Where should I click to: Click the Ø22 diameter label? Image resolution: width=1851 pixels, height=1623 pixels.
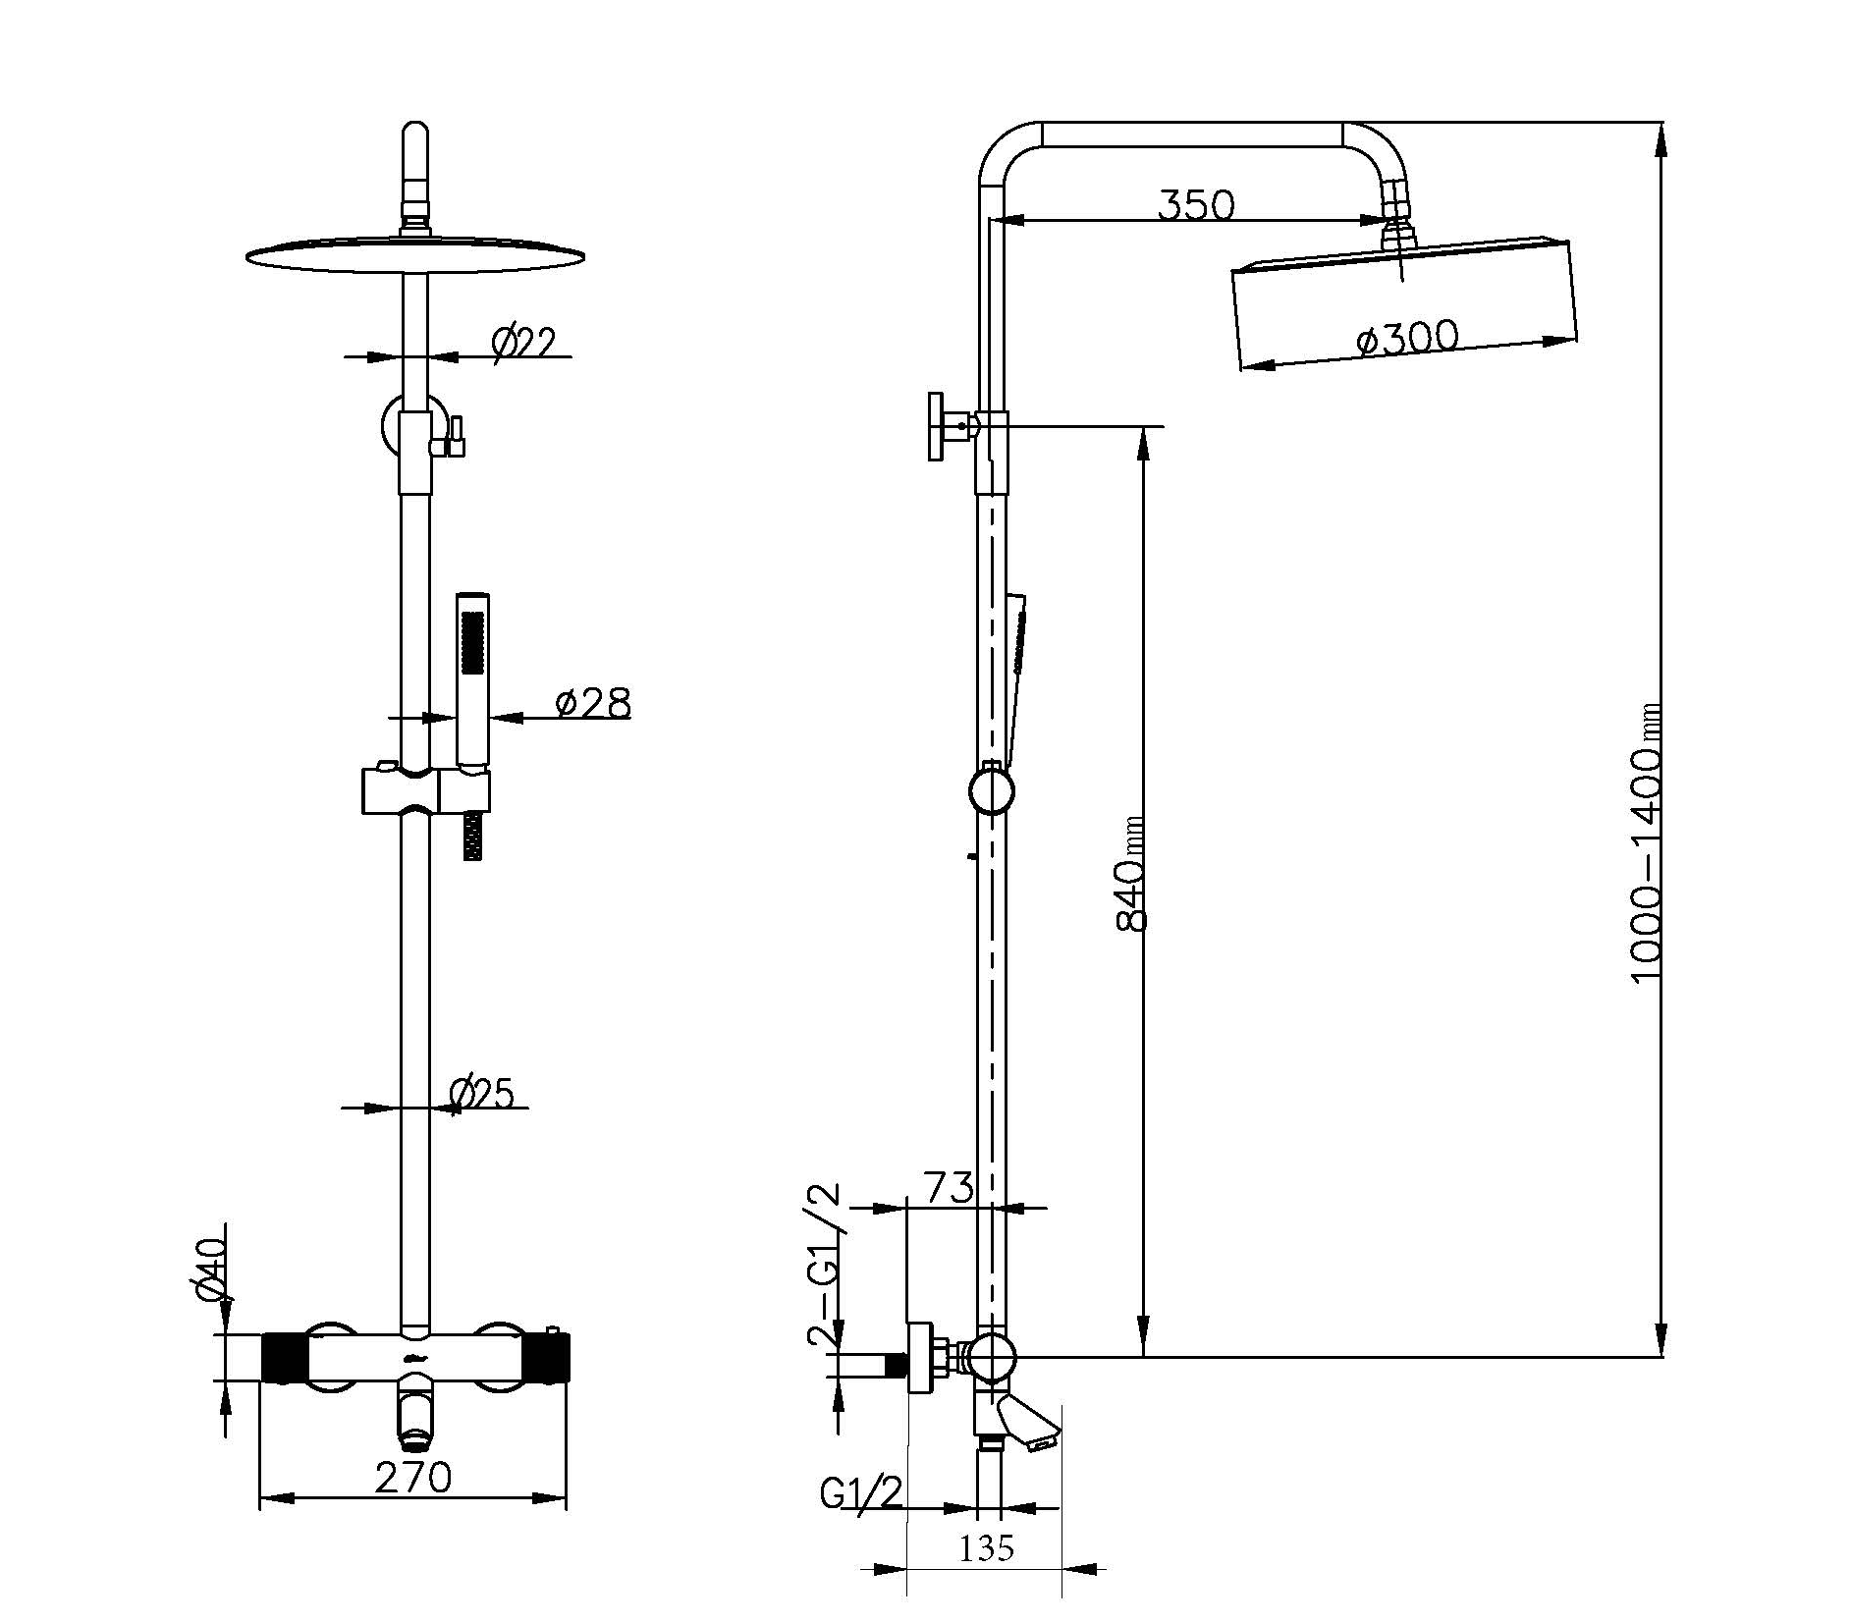[x=523, y=343]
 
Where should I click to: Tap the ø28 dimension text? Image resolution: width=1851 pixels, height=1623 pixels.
[x=592, y=703]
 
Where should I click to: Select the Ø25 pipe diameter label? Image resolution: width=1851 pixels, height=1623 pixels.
[x=481, y=1093]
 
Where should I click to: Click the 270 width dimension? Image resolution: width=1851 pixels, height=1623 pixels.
[x=412, y=1477]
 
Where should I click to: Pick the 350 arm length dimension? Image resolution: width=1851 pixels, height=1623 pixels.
[x=1195, y=205]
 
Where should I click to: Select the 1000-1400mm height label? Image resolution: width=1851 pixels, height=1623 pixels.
[x=1646, y=841]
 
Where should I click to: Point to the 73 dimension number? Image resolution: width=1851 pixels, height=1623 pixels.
[x=948, y=1187]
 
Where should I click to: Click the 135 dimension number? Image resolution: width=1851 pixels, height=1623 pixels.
[x=985, y=1548]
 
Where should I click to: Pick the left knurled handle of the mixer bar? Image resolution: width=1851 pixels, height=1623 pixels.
[x=284, y=1357]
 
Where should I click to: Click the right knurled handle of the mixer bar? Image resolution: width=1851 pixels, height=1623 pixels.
[x=547, y=1357]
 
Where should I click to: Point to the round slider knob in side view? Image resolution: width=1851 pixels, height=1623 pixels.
[x=991, y=790]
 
